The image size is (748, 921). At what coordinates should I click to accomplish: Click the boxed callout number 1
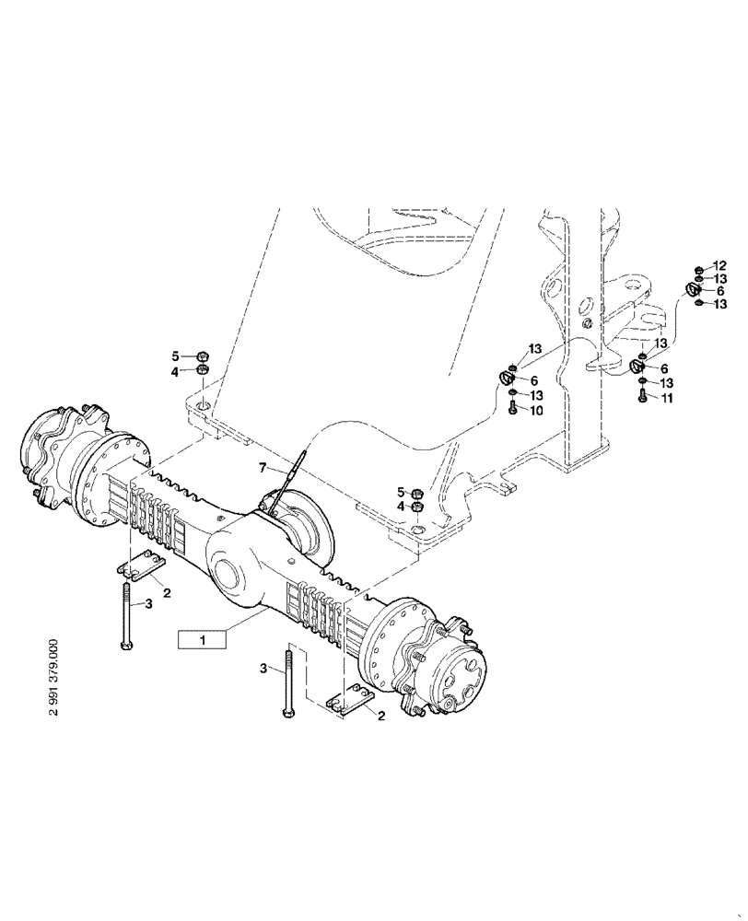click(x=200, y=638)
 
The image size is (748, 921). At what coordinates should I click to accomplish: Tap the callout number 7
click(x=263, y=471)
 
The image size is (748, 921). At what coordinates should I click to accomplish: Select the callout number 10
click(x=535, y=410)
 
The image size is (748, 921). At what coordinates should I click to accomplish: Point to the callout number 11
click(x=668, y=398)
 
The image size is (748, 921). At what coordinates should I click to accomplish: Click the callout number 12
click(x=720, y=266)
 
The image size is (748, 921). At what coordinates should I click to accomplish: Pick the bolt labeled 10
click(x=512, y=409)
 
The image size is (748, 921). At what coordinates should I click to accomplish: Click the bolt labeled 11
click(x=642, y=397)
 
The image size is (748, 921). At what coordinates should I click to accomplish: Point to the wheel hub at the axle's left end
click(x=57, y=451)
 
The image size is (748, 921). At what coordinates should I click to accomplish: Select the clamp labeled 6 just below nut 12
click(x=693, y=291)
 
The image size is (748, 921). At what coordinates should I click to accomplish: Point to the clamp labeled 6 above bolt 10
click(x=507, y=376)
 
